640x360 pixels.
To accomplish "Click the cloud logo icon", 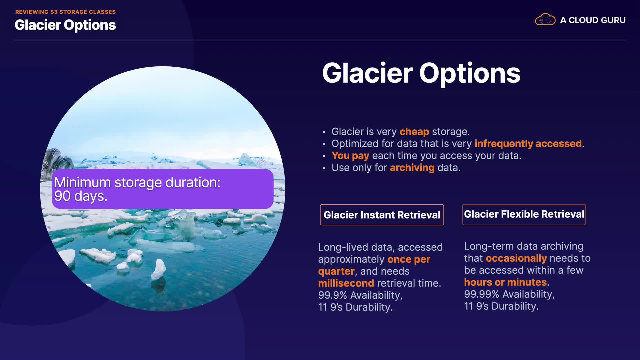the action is [x=545, y=20].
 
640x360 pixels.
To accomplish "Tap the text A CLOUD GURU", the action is [x=593, y=20].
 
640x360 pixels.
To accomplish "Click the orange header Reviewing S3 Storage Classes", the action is [x=65, y=12].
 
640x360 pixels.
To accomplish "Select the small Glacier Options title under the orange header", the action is [x=65, y=25].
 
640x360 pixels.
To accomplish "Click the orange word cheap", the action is [x=414, y=132].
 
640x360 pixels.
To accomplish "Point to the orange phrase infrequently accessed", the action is [x=528, y=144].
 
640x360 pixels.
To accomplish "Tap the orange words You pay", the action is [x=350, y=156].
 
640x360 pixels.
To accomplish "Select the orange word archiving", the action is [x=412, y=168].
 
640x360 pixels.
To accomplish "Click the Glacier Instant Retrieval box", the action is [x=382, y=215].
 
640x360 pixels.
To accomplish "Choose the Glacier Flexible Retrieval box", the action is [x=524, y=214].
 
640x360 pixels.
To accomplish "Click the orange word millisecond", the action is [x=346, y=283].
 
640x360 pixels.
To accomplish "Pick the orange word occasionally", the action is [x=516, y=258].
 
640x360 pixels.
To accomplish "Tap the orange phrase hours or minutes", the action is [x=505, y=282].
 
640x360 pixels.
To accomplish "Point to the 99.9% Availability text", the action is [x=360, y=295].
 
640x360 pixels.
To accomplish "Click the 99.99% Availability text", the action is [x=509, y=294].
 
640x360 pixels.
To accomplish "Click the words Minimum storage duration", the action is [x=137, y=182].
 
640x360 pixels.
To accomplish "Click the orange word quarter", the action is [x=336, y=271].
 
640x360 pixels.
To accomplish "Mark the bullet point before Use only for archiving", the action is [x=324, y=168].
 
